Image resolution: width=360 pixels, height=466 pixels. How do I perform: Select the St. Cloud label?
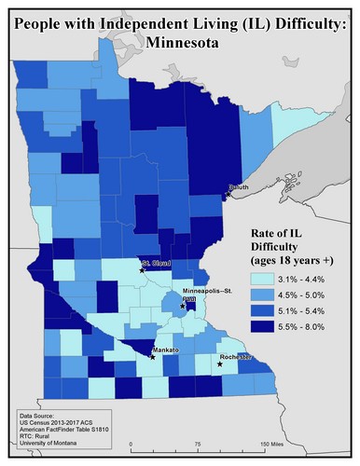coord(155,266)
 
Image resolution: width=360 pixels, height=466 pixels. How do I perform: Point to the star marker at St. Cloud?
coord(142,271)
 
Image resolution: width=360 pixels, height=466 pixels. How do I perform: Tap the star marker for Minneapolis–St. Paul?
coord(183,306)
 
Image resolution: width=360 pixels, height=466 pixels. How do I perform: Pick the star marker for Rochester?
coord(220,364)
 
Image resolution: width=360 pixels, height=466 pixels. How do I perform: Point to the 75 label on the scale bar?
coord(198,444)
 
